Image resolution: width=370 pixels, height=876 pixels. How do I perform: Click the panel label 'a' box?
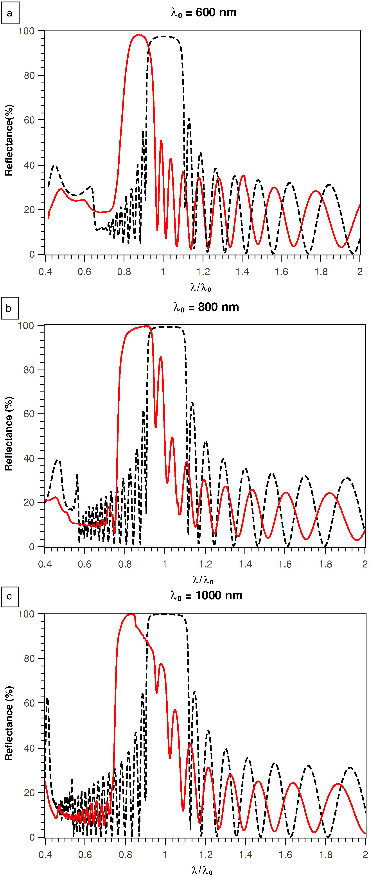[10, 13]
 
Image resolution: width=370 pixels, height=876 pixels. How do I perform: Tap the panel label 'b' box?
[10, 308]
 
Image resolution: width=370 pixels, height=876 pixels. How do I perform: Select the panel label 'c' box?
[10, 596]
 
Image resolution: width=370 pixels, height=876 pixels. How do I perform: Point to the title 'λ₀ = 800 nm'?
[206, 308]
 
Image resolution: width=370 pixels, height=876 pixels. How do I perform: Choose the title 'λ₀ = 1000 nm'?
[207, 596]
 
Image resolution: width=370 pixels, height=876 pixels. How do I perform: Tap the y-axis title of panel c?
[9, 724]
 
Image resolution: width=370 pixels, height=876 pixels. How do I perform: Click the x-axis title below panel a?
[201, 288]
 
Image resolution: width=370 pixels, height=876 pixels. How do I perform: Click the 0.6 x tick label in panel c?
[85, 855]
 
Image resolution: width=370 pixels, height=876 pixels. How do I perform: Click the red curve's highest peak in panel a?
[139, 34]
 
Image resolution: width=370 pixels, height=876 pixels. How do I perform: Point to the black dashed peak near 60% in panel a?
[189, 119]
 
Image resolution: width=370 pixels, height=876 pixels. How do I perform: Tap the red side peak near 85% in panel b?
[160, 357]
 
